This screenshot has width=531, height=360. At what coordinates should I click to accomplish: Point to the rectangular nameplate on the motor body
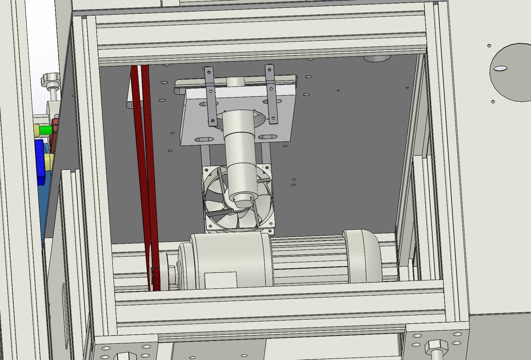[221, 280]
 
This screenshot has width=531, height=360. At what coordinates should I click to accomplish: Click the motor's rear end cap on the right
[363, 256]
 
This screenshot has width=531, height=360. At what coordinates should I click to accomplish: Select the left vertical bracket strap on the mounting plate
[210, 97]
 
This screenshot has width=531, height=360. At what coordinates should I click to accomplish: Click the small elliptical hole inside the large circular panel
[500, 68]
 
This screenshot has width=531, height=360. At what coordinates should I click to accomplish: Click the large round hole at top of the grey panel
[377, 58]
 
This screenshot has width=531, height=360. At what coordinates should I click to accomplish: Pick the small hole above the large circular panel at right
[489, 46]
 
